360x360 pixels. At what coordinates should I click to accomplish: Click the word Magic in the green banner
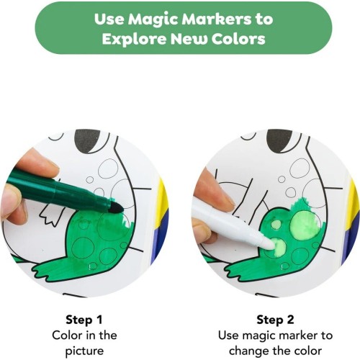tap(153, 19)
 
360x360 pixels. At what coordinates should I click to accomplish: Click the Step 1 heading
tap(84, 320)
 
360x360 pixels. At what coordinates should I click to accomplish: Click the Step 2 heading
tap(275, 320)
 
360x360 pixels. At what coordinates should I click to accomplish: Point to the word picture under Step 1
tap(84, 351)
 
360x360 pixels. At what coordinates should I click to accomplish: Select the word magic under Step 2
tap(261, 336)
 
